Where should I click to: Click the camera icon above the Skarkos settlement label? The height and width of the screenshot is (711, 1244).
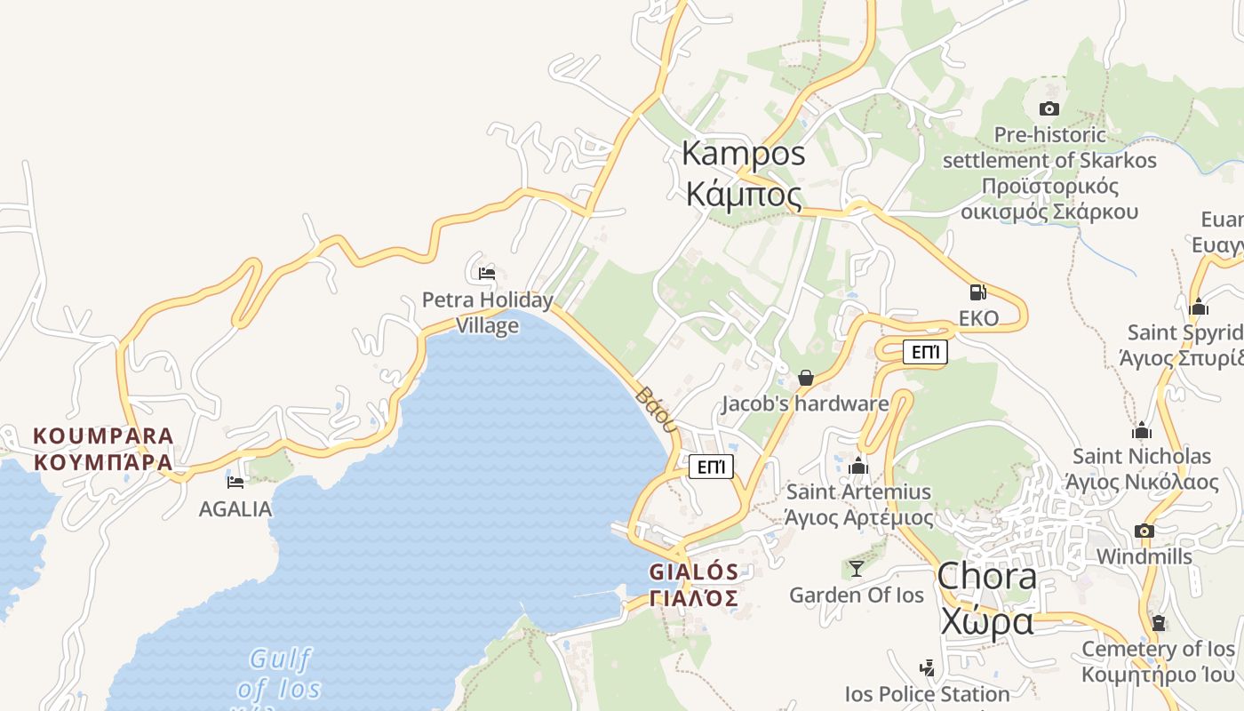[1049, 109]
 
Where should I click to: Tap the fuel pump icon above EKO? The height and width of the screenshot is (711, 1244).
[977, 292]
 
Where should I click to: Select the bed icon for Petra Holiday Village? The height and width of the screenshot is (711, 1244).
[486, 273]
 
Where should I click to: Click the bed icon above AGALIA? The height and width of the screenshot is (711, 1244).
[235, 482]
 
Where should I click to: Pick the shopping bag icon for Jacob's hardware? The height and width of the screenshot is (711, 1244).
[806, 378]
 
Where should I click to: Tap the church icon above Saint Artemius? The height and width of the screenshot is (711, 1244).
[858, 466]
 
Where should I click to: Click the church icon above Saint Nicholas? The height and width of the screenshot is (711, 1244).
[1142, 431]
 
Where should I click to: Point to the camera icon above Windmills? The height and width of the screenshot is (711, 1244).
[1144, 531]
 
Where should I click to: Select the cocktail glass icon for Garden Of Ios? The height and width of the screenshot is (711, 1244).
[857, 568]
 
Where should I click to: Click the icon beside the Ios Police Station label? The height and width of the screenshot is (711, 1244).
[927, 667]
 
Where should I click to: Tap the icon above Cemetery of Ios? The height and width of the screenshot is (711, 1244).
[1158, 622]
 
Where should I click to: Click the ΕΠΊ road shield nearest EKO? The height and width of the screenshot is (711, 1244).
[925, 353]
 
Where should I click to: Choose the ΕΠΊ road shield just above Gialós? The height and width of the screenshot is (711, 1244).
[711, 467]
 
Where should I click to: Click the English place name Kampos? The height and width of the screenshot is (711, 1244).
[744, 153]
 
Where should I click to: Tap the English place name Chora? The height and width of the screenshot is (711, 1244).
[987, 576]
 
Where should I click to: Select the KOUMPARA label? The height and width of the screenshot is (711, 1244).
[103, 436]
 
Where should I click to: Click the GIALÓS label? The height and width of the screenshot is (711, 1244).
[694, 571]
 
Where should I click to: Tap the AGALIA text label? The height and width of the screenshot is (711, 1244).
[235, 509]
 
